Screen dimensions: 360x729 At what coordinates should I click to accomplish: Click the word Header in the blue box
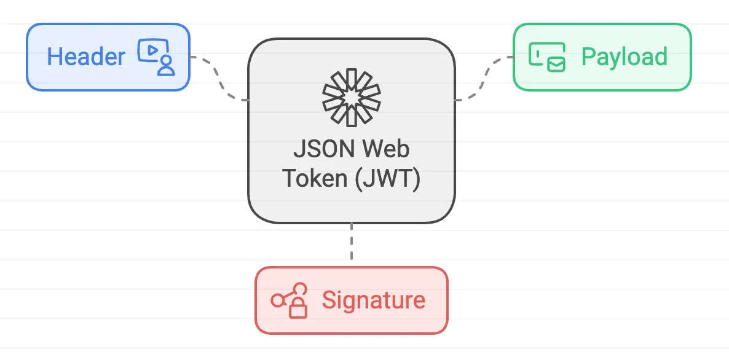86,57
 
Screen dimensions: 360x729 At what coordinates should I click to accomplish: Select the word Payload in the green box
624,57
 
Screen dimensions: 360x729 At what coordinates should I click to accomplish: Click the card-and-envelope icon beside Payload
547,57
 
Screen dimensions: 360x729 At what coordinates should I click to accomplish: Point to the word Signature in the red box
373,300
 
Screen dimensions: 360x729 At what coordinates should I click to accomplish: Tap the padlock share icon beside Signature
290,300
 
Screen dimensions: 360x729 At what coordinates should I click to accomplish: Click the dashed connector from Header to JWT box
218,77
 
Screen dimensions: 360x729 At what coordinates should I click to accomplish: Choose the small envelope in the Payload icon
556,63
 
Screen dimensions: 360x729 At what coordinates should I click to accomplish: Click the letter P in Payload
588,57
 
